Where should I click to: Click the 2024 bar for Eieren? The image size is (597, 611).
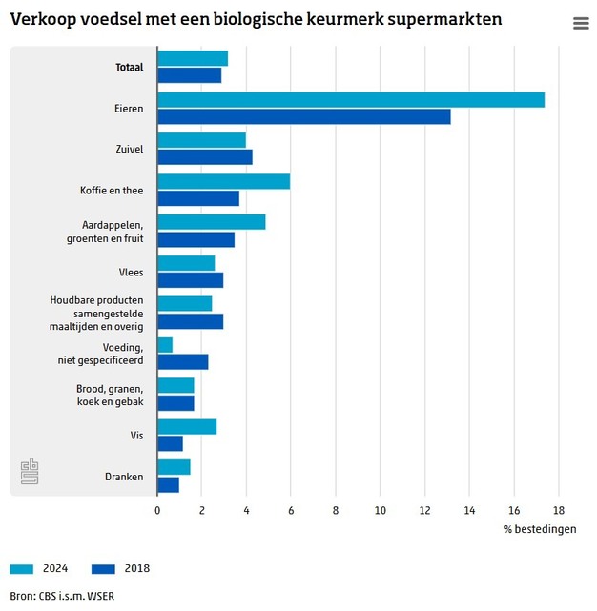coord(351,100)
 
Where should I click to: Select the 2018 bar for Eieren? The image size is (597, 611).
coord(304,116)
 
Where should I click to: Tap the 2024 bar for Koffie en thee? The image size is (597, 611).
coord(224,182)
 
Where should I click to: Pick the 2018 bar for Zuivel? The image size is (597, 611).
coord(205,157)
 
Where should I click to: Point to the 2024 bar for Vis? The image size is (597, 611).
coord(187,427)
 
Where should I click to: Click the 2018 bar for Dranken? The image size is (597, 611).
coord(169,484)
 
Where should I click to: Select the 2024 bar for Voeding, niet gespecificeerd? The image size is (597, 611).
coord(165,345)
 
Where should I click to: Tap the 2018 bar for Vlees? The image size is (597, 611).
coord(191,280)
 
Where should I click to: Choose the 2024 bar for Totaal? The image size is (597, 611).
coord(193,59)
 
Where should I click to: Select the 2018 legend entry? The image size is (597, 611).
coord(120,569)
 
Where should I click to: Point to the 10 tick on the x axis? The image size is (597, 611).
coord(381,510)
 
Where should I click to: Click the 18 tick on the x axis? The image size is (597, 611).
coord(559,510)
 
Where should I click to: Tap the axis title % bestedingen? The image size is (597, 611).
coord(540,529)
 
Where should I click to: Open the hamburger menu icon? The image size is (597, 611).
coord(581,23)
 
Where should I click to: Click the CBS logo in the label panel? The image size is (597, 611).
coord(30,471)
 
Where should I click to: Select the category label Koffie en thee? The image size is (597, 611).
coord(112,191)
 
